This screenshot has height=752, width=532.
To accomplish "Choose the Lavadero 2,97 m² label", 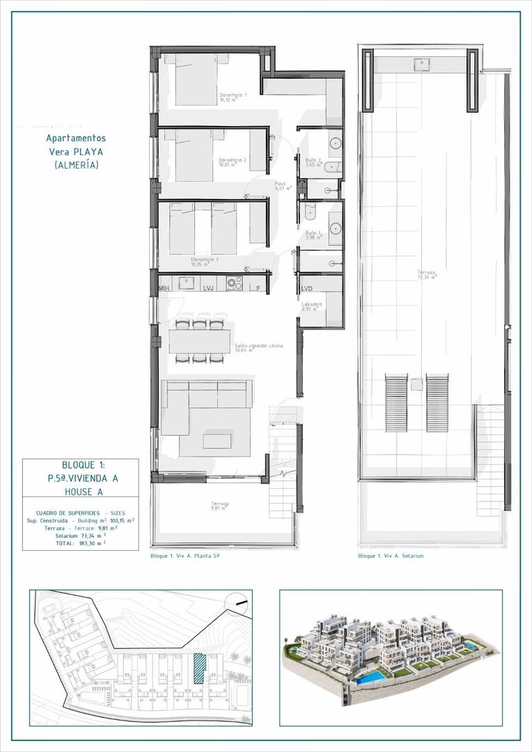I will tap(311, 306).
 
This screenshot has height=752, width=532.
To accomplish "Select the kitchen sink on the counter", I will tap(186, 283).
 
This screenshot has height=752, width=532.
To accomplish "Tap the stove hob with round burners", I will tap(234, 283).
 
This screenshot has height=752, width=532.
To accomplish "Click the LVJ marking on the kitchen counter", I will tap(208, 288).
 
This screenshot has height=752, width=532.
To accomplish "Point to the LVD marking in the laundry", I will tap(306, 288).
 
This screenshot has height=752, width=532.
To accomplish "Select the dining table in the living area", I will tap(200, 341).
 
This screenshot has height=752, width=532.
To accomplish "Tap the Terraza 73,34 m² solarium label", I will tap(427, 274).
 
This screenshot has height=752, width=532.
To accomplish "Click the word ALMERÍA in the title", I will tap(77, 165).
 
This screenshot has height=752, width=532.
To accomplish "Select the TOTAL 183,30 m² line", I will tap(81, 542).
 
